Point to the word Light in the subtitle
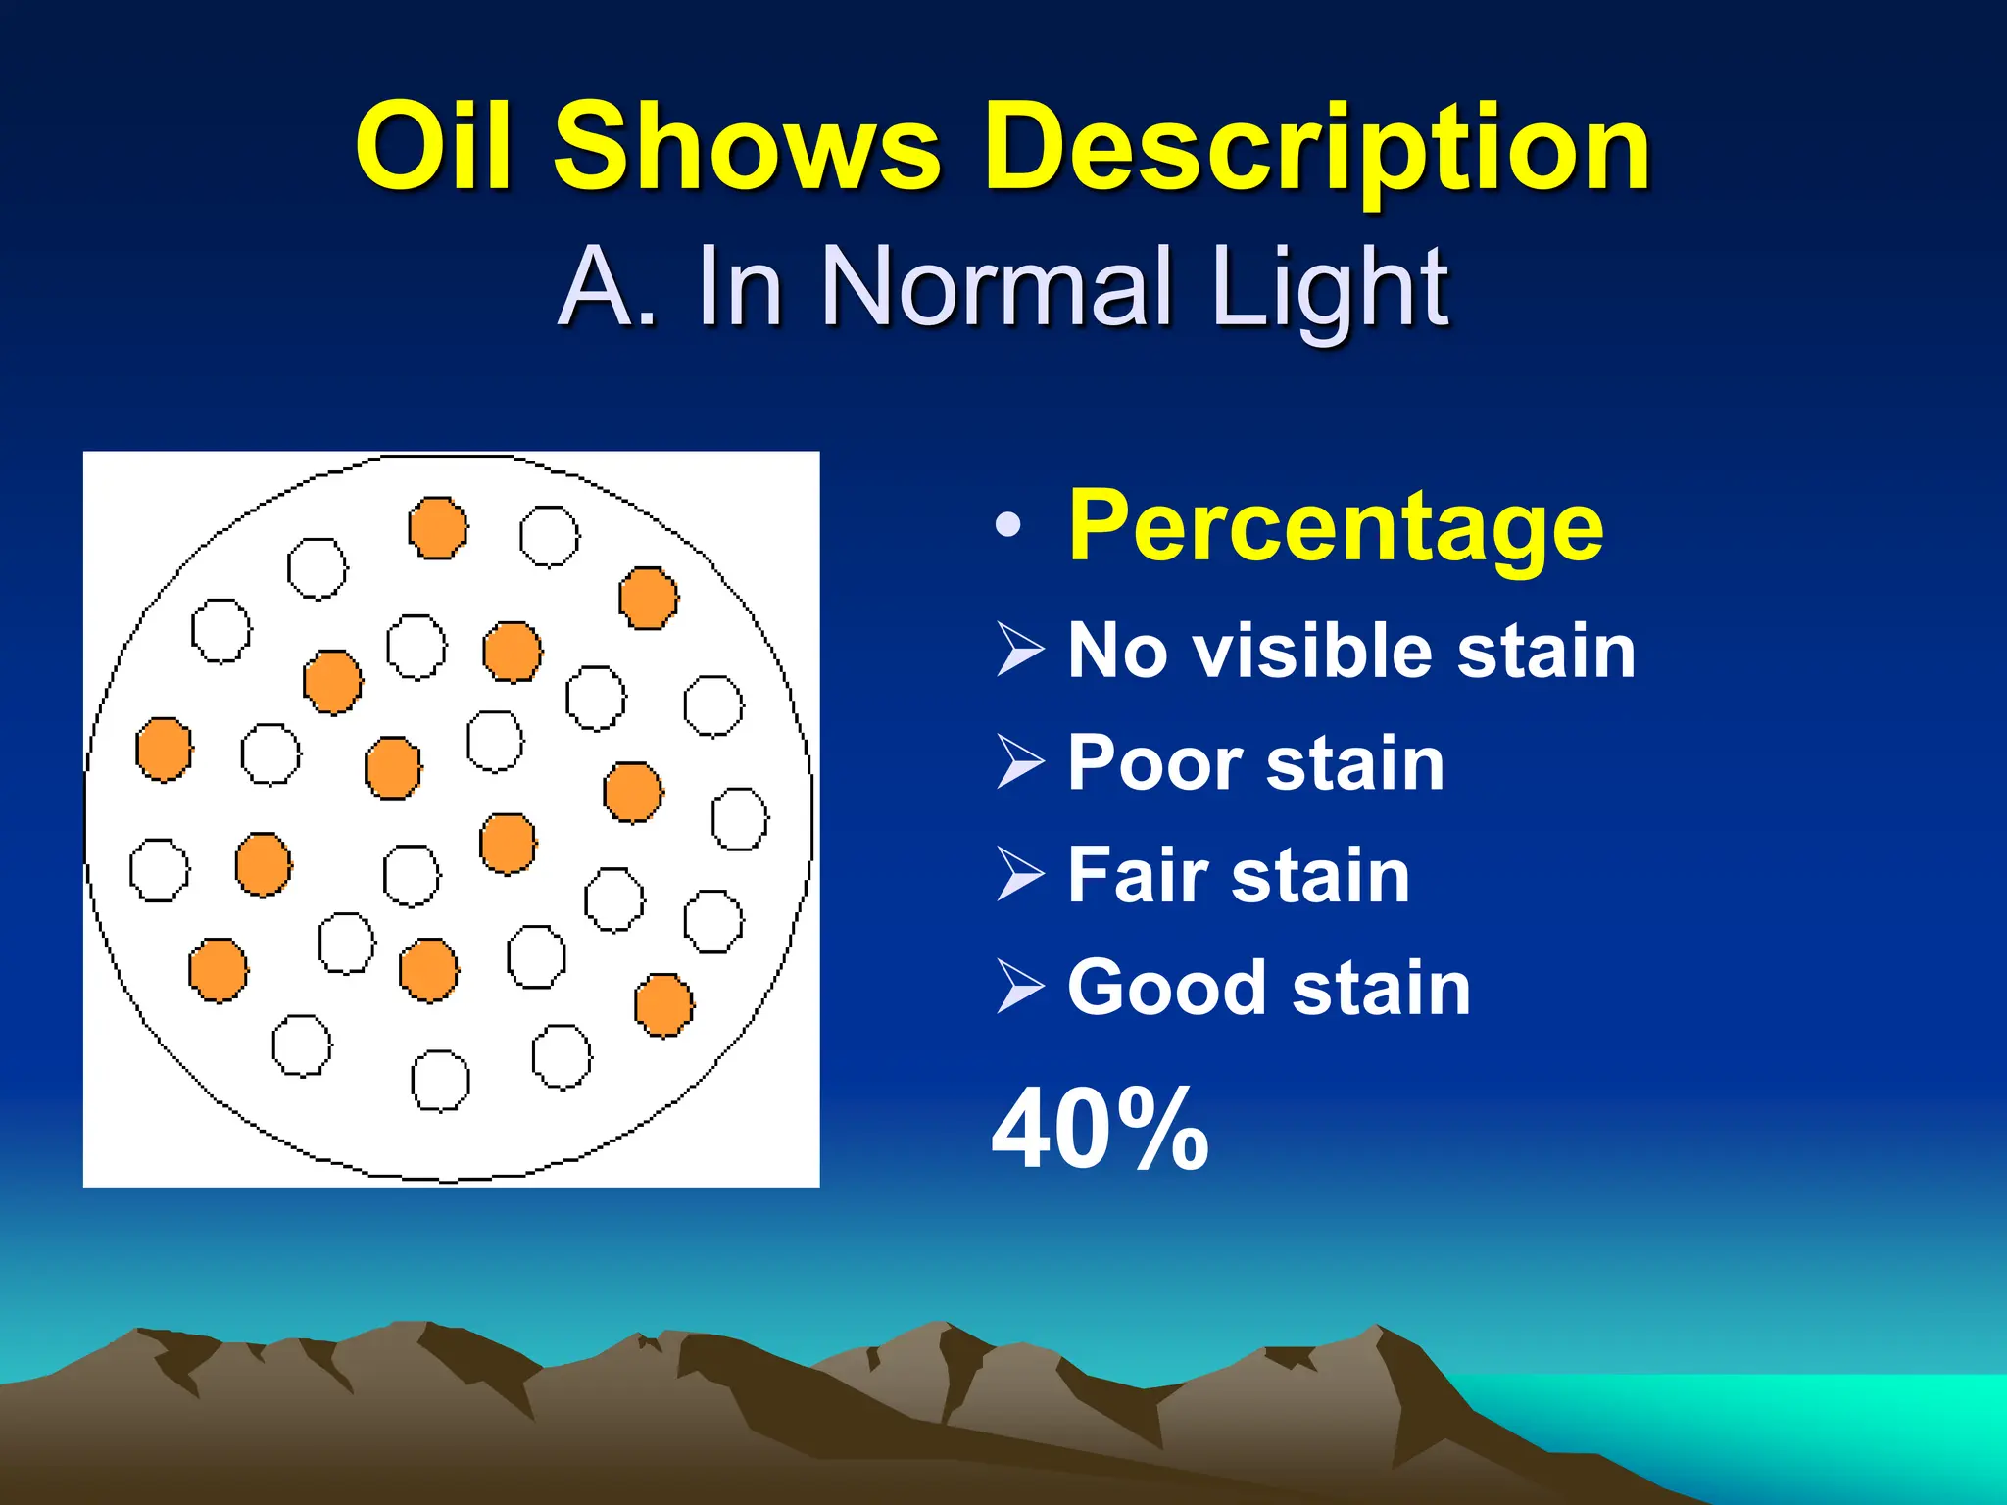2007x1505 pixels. pos(1329,289)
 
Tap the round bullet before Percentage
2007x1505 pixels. pos(1007,526)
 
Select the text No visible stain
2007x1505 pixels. pos(1350,651)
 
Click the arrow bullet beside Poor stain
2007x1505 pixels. pos(1020,762)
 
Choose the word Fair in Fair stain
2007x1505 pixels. pos(1137,875)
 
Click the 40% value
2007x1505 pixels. pos(1100,1130)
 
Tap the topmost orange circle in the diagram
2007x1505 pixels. pos(437,528)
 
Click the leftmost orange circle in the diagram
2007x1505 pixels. pos(164,750)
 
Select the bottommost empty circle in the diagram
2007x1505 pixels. pos(440,1081)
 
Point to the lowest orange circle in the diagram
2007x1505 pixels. pos(663,1005)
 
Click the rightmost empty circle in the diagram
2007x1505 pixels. pos(739,819)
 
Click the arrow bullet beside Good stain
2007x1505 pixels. pos(1020,987)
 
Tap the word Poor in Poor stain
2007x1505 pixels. pos(1152,763)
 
